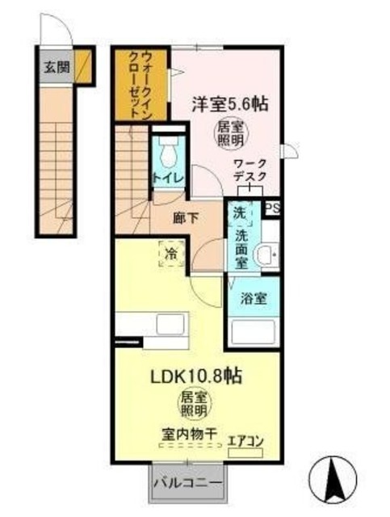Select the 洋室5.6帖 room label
click(x=230, y=104)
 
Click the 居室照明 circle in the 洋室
click(x=229, y=132)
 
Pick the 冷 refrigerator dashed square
click(x=170, y=253)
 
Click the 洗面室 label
click(x=241, y=247)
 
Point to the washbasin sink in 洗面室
click(x=264, y=256)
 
